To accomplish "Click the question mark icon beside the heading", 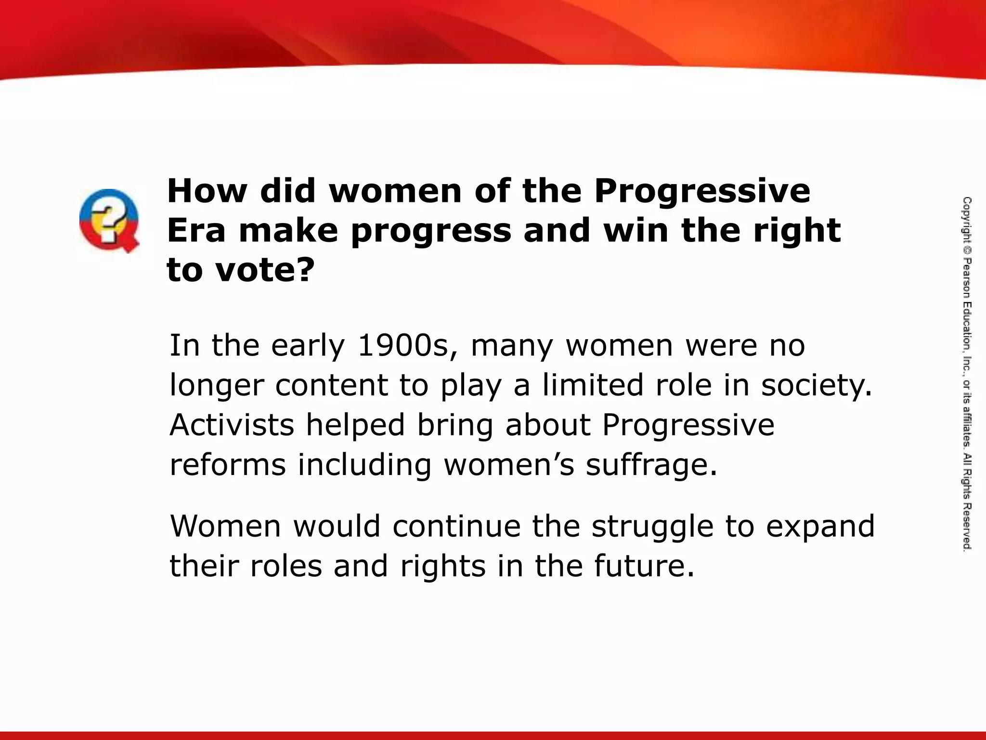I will (x=109, y=220).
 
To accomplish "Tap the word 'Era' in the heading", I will (x=196, y=231).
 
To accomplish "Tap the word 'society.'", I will (x=817, y=386).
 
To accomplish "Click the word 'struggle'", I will (x=652, y=527).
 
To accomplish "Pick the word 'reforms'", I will (x=228, y=465).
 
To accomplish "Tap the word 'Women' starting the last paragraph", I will (x=225, y=526).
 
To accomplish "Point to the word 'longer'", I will (x=217, y=386).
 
